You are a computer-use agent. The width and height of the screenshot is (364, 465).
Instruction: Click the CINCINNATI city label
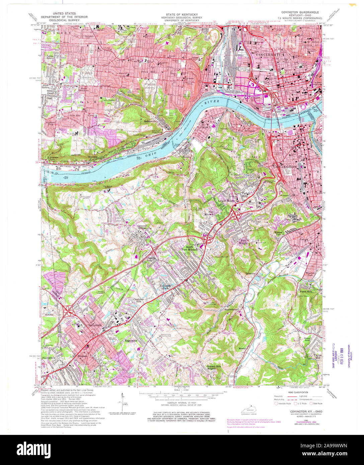point(265,54)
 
